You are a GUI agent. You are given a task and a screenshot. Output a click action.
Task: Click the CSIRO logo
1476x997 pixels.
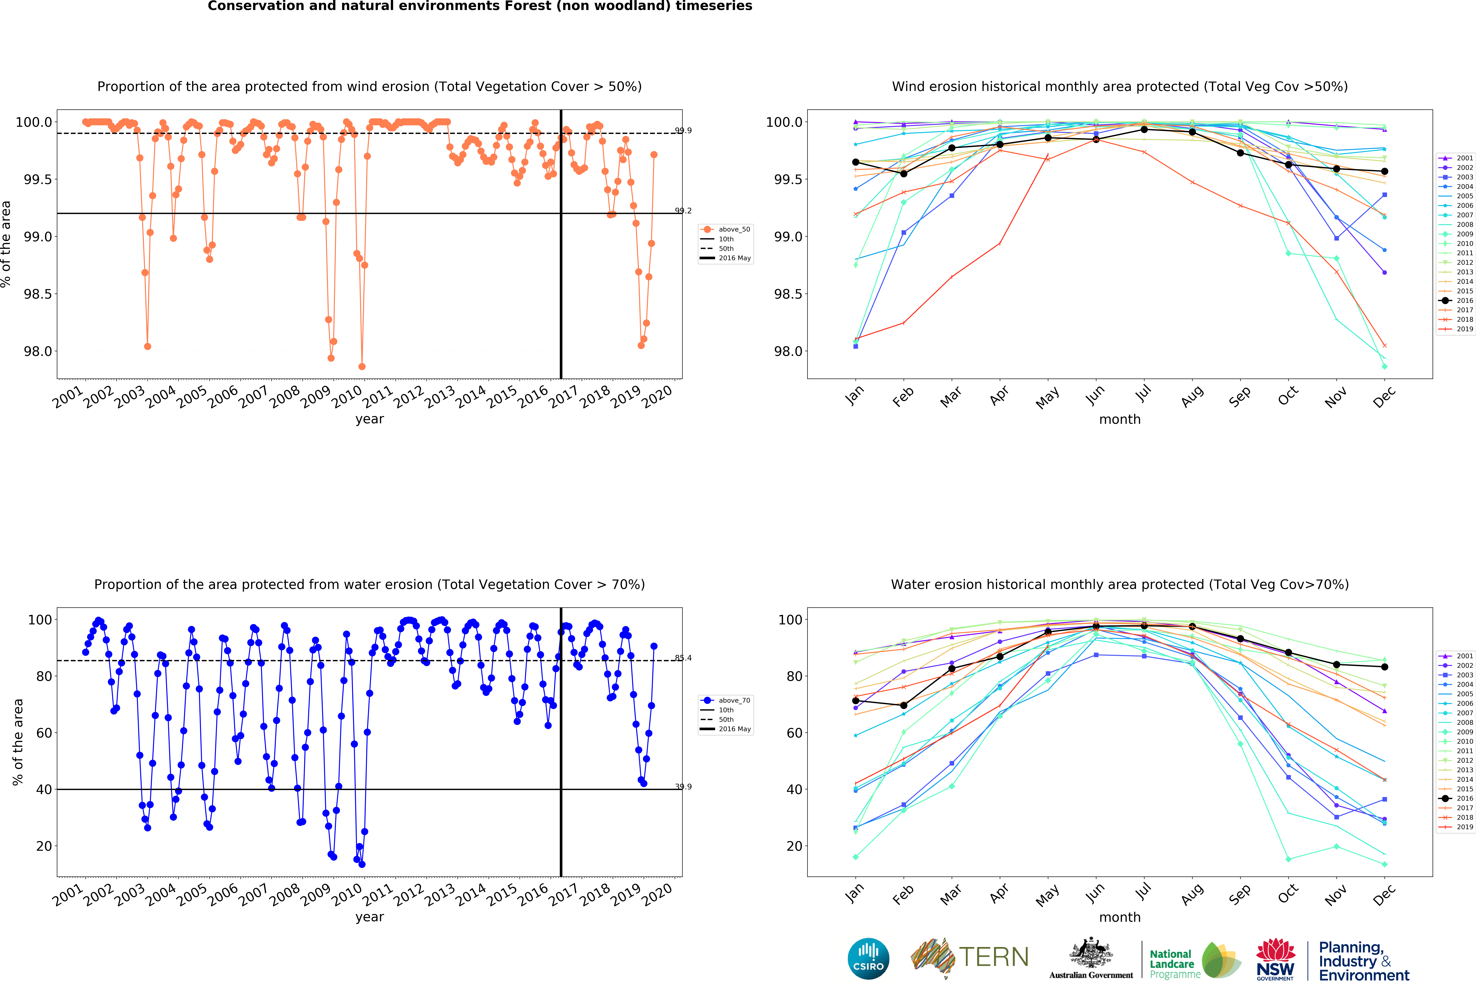(x=868, y=958)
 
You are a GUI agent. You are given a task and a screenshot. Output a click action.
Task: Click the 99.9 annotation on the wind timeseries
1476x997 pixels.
(x=683, y=131)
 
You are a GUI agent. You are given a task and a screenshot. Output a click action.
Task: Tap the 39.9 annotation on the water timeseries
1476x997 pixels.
(x=683, y=787)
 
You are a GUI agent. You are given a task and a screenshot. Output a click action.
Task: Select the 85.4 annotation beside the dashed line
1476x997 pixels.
(x=683, y=658)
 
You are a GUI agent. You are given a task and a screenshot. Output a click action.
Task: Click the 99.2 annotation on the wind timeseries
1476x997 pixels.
(x=683, y=211)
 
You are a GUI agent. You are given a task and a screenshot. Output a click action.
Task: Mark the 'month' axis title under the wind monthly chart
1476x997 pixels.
(x=1120, y=419)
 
